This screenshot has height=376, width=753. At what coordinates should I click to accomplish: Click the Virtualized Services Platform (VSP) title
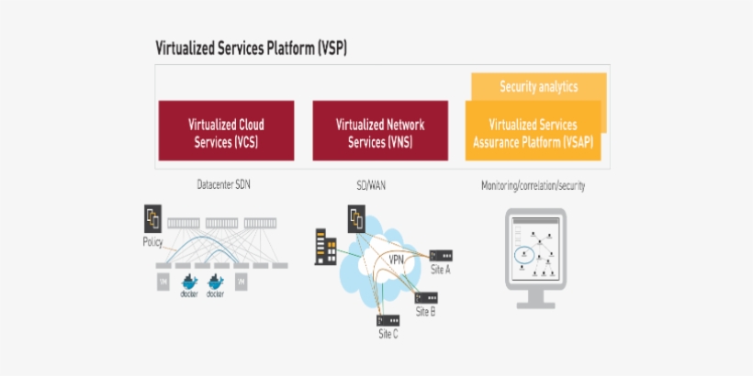point(251,48)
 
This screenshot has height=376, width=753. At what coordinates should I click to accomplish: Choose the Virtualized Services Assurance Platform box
point(533,134)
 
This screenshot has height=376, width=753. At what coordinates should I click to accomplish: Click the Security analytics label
point(538,87)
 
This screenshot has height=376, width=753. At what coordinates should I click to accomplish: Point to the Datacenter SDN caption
point(223,185)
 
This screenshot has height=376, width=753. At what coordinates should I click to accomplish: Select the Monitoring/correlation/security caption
point(533,185)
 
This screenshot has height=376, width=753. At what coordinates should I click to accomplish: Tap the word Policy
point(152,241)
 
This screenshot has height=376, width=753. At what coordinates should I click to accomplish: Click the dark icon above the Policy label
point(153,220)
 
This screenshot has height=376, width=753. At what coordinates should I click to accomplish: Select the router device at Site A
point(441,255)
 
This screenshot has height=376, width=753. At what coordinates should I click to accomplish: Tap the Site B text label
point(425,312)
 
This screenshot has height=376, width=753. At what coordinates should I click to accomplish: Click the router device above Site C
point(388,321)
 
